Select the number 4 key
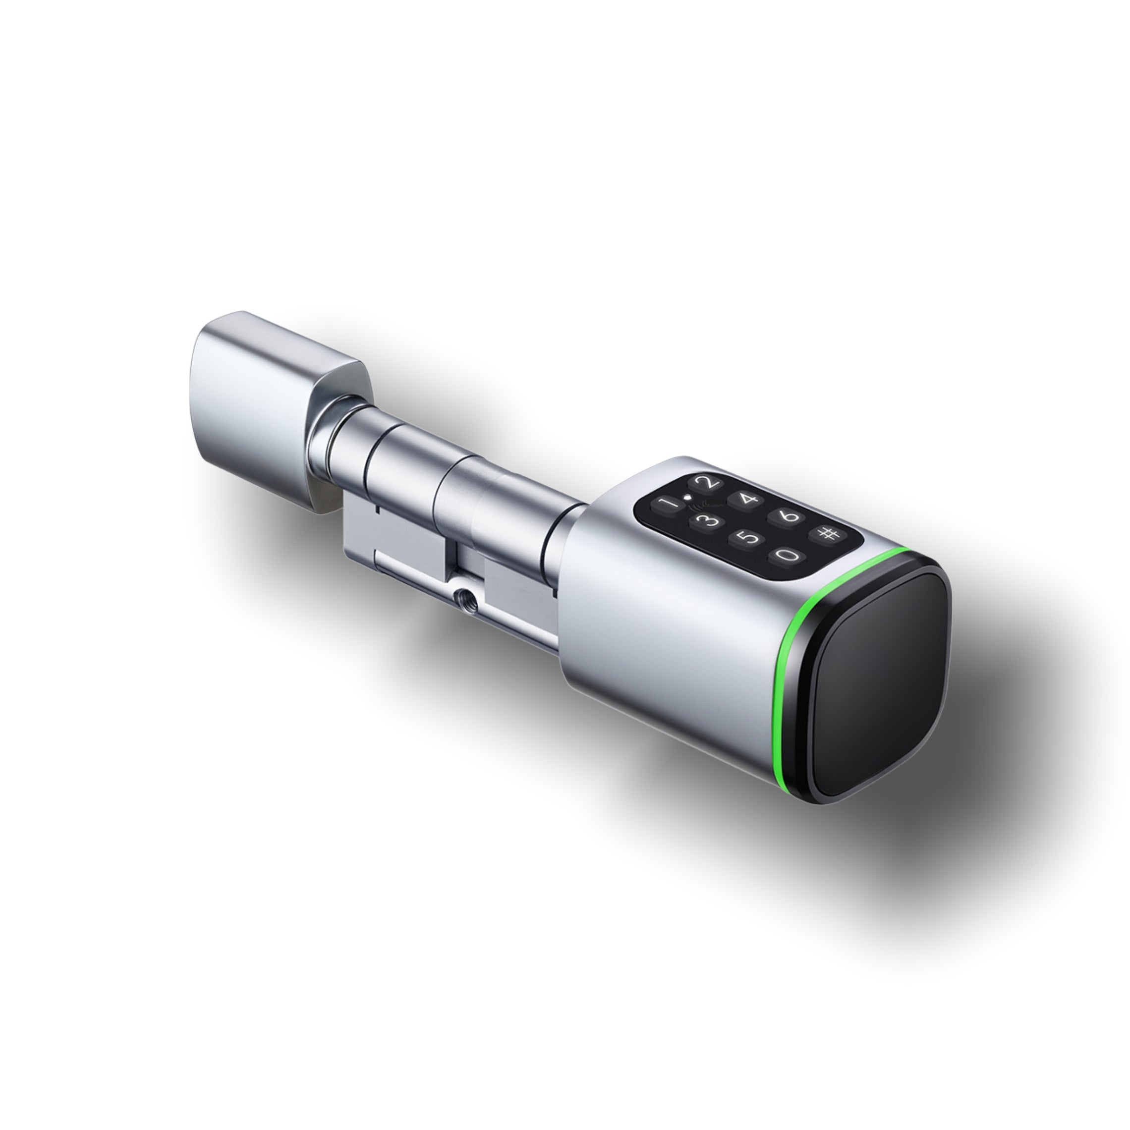(749, 500)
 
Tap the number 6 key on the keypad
(790, 516)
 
